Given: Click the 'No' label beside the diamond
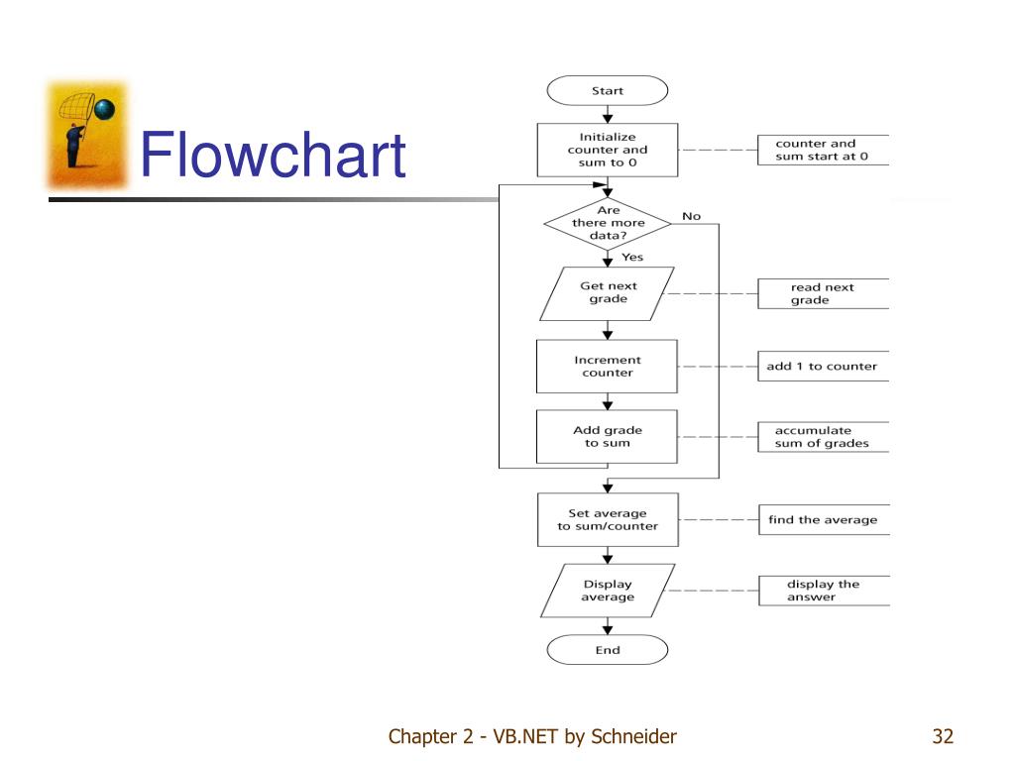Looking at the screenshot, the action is tap(691, 216).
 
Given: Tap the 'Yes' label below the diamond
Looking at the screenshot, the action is tap(632, 257).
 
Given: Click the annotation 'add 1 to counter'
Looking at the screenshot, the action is tap(822, 367).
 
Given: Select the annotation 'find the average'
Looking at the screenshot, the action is tap(824, 519).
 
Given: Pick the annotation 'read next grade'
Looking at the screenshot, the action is tap(823, 293).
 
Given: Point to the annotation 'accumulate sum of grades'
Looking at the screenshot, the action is tap(822, 437).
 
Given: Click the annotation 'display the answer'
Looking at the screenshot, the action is tap(824, 591).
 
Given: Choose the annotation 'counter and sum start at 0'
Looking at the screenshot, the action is tap(822, 150).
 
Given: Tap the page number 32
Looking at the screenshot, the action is tap(944, 736).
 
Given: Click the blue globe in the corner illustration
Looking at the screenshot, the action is tap(105, 109).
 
